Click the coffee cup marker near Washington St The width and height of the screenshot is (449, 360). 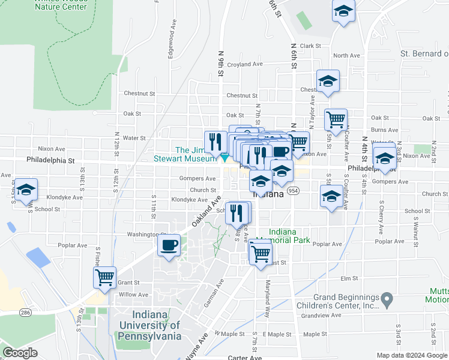point(169,245)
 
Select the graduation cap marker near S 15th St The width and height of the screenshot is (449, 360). point(26,190)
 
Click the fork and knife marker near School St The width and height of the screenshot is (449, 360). point(237,212)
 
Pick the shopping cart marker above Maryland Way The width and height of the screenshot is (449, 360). point(260,253)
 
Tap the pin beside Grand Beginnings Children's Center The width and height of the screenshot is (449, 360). point(387,298)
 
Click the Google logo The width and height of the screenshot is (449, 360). point(20,352)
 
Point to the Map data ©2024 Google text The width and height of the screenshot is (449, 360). point(411,355)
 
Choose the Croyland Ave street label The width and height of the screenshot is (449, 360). point(245,64)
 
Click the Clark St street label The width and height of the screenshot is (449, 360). point(310,46)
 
